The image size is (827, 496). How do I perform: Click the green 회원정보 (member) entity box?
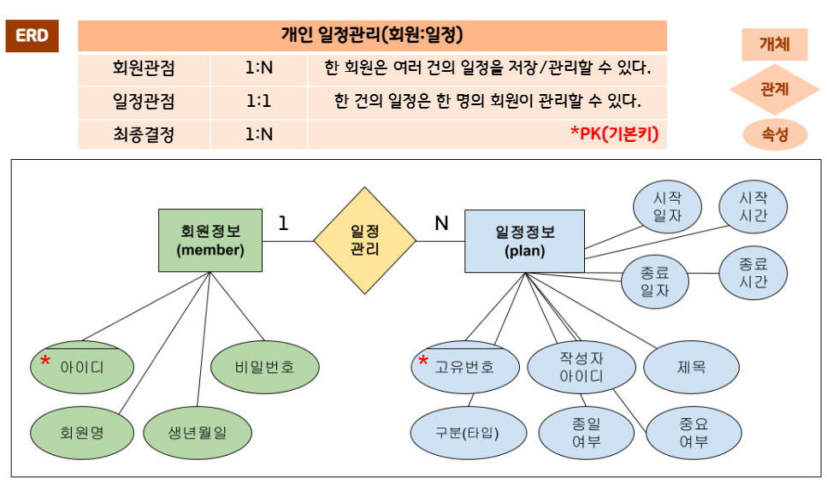coord(210,240)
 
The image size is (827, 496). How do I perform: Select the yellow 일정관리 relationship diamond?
coord(364,240)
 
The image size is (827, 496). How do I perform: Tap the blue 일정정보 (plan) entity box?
coord(524,240)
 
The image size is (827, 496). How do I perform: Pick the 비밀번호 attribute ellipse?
coord(264,367)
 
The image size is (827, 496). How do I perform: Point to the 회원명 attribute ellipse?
coord(82,432)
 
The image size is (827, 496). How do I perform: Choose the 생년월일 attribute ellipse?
coord(197,432)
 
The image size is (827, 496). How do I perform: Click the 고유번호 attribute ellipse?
coord(464,367)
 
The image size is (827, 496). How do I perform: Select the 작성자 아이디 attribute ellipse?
coord(582,367)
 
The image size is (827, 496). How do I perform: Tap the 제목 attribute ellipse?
coord(691,367)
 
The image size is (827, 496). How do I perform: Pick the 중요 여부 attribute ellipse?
coord(693,432)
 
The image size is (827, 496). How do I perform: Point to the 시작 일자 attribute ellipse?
coord(667,206)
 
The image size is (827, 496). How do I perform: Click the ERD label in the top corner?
coord(32,36)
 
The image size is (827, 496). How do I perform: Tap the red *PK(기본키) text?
coord(614,133)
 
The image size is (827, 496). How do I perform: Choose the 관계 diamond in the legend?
coord(774,87)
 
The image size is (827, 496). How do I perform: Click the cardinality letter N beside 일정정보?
coord(441,223)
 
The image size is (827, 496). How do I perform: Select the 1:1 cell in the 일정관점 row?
coord(258,101)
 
